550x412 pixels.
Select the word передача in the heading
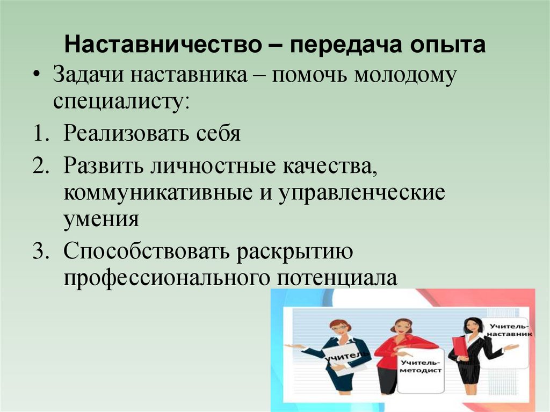coord(343,46)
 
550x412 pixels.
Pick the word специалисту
coord(121,100)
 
